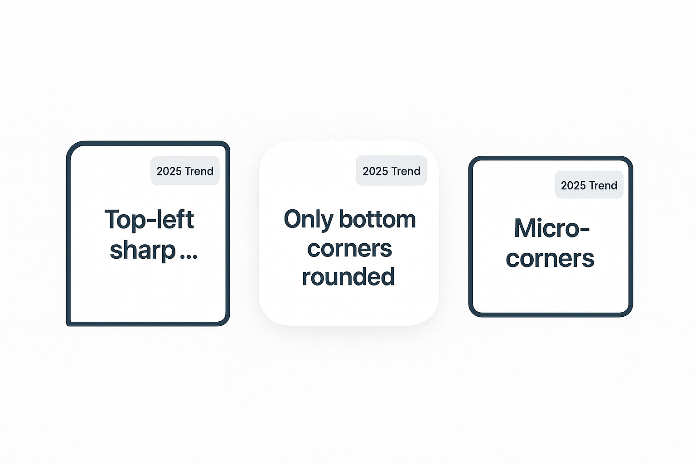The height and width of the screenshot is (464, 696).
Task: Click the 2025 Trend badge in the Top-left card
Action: [185, 171]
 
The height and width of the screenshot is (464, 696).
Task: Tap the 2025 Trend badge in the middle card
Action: [391, 170]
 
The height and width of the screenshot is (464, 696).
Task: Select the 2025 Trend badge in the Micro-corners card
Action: [589, 184]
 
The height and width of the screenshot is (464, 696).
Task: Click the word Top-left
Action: [149, 219]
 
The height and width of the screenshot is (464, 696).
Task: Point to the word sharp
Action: [143, 251]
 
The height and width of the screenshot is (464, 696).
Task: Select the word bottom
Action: [377, 219]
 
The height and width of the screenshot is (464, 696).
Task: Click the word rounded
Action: [348, 276]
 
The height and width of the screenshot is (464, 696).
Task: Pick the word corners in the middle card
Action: [349, 249]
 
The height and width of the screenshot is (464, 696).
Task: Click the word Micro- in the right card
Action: [552, 228]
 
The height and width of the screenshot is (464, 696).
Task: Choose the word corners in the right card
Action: [550, 259]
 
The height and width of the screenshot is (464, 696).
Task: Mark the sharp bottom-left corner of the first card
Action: [68, 324]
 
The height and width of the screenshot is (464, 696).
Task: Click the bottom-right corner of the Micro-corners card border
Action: [628, 313]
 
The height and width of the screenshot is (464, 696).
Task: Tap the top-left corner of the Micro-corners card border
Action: [473, 160]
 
